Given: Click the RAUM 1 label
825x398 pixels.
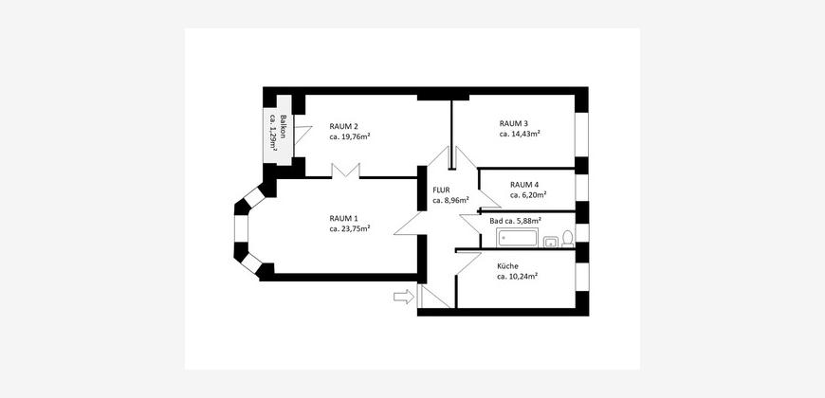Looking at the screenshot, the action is [x=343, y=218].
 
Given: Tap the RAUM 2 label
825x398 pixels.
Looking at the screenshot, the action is [x=343, y=126].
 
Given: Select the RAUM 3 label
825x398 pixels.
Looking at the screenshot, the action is [x=514, y=123].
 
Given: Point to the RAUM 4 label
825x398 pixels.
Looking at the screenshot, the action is [x=524, y=185].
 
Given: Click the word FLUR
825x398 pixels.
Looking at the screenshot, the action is [x=442, y=190].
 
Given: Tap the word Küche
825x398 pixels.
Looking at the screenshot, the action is [x=507, y=266].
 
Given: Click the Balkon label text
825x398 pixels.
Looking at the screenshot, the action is [x=284, y=126].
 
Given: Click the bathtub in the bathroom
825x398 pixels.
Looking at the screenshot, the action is [x=518, y=238].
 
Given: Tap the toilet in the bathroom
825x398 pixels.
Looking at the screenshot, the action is [x=568, y=239].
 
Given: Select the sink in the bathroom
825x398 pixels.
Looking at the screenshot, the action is [x=550, y=242].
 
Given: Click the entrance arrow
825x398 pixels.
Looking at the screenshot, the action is [x=404, y=297].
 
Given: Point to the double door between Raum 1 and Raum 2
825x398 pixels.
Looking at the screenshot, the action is [x=346, y=171].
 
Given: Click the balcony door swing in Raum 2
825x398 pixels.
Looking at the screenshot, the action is [x=302, y=134].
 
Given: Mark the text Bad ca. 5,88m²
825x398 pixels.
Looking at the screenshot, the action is [x=516, y=221].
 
